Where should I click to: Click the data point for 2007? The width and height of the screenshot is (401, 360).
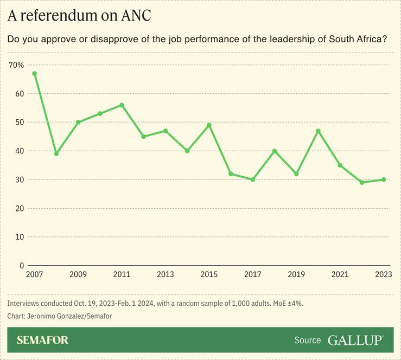click(x=34, y=73)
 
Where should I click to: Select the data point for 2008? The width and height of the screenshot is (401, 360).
click(x=56, y=154)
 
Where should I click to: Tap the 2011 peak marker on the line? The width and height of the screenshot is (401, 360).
click(x=122, y=105)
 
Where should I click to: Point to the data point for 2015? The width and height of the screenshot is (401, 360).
click(x=209, y=125)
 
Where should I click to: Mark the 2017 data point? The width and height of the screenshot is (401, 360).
click(x=253, y=179)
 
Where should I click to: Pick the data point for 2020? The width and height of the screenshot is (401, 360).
click(x=319, y=131)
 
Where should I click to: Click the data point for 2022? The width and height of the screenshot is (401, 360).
click(x=362, y=183)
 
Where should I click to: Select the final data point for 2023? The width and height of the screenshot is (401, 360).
click(x=384, y=179)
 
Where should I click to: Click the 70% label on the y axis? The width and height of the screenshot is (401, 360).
click(x=16, y=65)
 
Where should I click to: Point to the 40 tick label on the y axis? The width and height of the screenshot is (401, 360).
click(x=19, y=151)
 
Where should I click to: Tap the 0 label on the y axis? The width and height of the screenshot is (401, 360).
click(x=21, y=266)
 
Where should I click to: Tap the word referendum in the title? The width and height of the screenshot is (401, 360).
click(x=57, y=16)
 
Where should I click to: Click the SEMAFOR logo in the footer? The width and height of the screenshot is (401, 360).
click(x=42, y=340)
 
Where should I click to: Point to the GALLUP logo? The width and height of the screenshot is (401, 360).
click(x=355, y=340)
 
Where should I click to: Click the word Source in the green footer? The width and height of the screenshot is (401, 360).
click(x=308, y=340)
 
